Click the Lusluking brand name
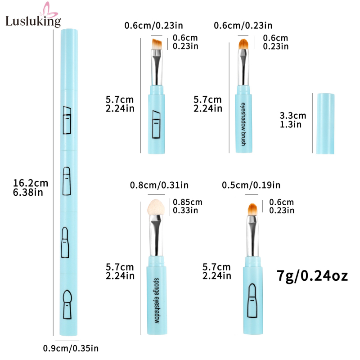(x=33, y=21)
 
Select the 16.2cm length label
(x=31, y=188)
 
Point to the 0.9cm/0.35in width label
(x=71, y=348)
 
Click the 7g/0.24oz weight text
(x=312, y=276)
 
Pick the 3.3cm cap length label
(x=293, y=120)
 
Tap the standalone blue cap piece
(x=325, y=123)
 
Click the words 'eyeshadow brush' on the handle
(x=243, y=124)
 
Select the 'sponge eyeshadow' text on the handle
(x=157, y=301)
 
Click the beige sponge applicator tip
(x=156, y=207)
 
